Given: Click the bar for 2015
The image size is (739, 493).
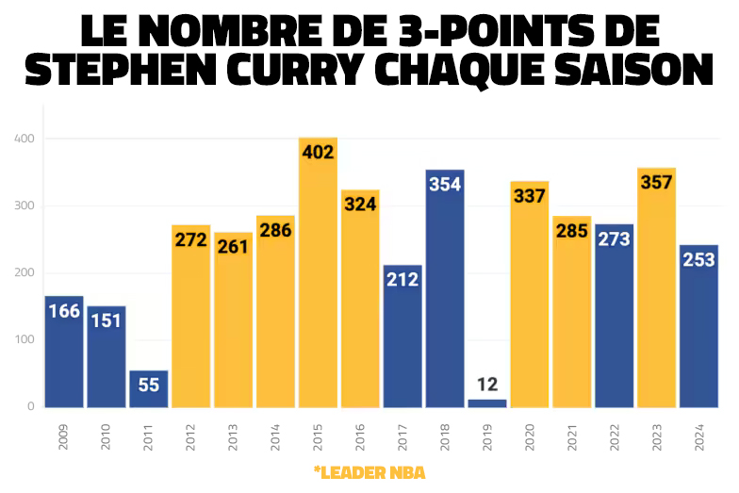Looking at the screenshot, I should coord(318,283).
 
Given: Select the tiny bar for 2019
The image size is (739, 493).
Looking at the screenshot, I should coord(487,403).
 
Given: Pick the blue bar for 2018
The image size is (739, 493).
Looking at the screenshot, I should coord(445,302).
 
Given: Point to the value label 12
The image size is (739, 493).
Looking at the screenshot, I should coord(487,385).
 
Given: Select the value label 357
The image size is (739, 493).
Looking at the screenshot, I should coord(656,182).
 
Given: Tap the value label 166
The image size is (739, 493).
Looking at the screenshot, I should coord(63,311).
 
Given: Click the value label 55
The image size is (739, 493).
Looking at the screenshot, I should coord(148,385).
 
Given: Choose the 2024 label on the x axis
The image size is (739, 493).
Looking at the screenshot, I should coord(699,435).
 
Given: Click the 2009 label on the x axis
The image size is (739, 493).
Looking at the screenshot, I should coord(63,435).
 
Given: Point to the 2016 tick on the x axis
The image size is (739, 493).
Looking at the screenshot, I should coord(360,435).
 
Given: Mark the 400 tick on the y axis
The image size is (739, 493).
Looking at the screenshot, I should coord(25,140).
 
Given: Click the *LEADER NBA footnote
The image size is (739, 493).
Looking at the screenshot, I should coord(369,471).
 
